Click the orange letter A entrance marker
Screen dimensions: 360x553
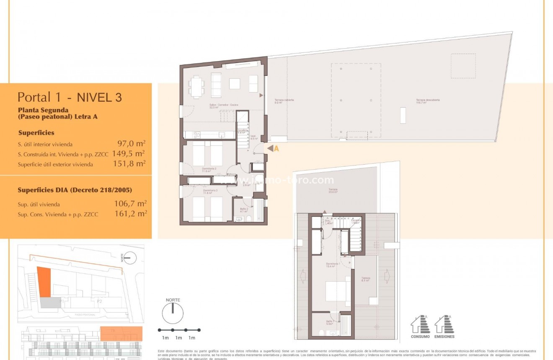click(276, 148)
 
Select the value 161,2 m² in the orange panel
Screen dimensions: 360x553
click(130, 214)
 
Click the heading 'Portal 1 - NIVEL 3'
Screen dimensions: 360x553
click(70, 97)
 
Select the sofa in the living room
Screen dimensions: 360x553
click(216, 85)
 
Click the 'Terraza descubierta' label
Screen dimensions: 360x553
click(427, 101)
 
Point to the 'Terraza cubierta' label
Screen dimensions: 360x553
click(284, 101)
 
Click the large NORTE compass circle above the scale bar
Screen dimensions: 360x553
click(173, 313)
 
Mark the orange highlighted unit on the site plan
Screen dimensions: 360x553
click(44, 281)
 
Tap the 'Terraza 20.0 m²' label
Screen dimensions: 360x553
click(333, 191)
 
